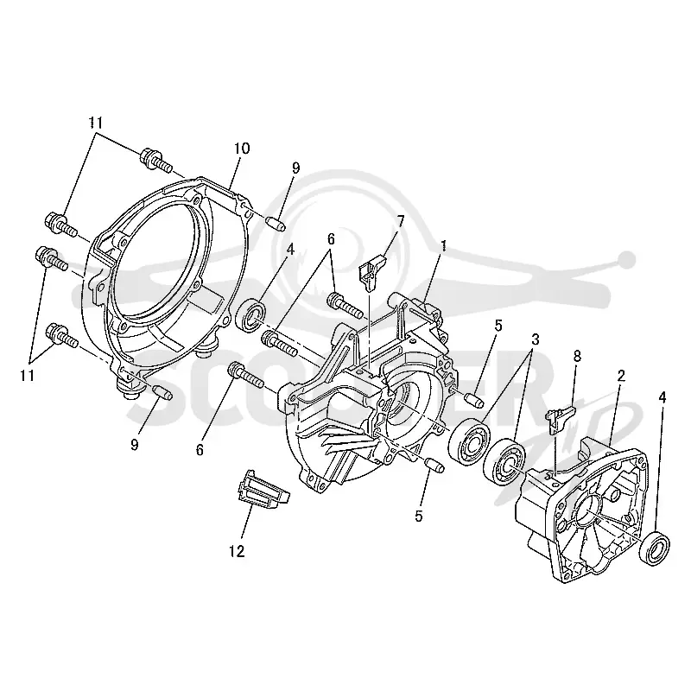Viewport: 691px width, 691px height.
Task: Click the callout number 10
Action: point(242,149)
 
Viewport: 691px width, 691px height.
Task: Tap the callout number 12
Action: point(237,551)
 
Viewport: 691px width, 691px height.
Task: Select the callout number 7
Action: point(401,220)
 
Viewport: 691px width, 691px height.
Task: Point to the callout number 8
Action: point(577,356)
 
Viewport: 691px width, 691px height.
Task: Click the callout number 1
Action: point(444,245)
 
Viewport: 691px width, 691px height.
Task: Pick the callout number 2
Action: point(621,376)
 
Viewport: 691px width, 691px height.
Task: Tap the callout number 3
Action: point(535,339)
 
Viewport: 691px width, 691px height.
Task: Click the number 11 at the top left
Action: point(97,123)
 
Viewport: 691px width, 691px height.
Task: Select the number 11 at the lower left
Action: point(28,375)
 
